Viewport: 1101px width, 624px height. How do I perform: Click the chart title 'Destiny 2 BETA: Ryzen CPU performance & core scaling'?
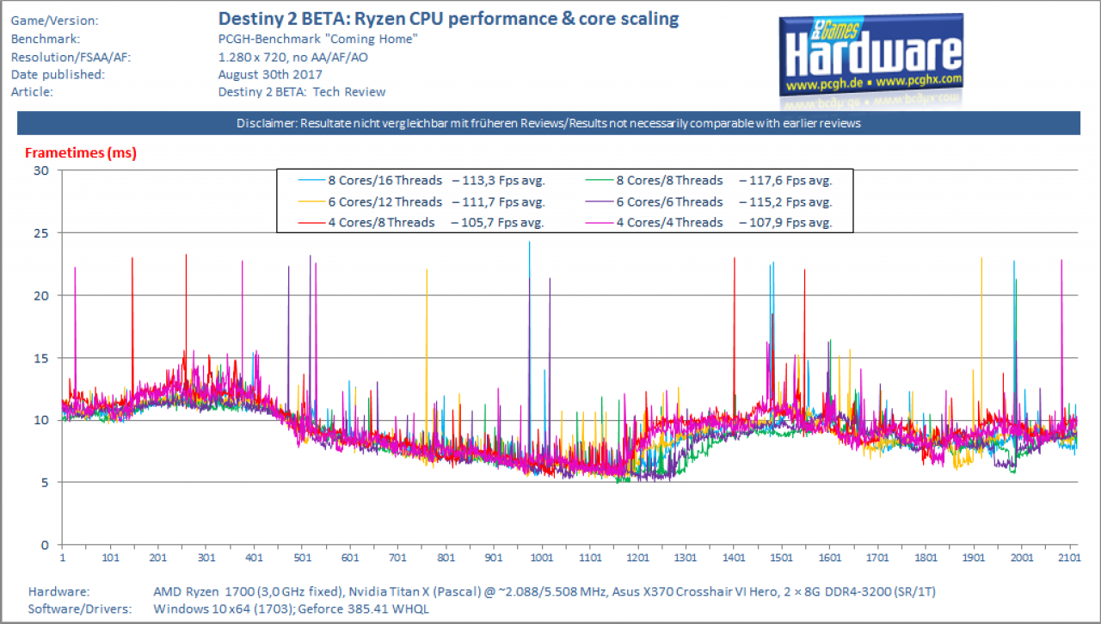(448, 19)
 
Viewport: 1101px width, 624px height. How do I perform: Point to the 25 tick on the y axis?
(41, 233)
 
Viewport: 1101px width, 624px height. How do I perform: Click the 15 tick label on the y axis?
(41, 358)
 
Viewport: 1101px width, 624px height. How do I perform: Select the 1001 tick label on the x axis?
(542, 558)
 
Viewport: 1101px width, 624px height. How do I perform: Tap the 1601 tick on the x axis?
(830, 558)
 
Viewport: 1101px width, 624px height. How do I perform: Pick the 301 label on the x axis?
(206, 558)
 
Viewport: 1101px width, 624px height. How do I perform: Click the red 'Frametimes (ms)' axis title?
(81, 153)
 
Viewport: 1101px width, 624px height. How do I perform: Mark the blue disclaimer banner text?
(549, 123)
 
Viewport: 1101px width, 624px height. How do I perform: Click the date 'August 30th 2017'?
(270, 74)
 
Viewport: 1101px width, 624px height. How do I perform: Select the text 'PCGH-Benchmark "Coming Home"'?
(318, 39)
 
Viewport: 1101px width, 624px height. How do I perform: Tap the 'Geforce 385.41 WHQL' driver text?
(363, 609)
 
